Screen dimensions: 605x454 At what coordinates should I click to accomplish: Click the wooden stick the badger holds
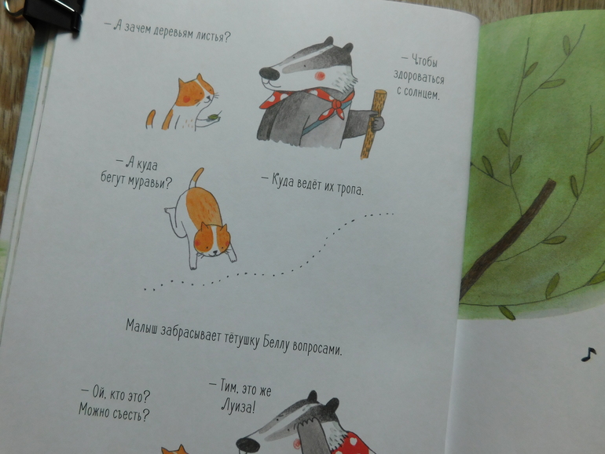tap(372, 124)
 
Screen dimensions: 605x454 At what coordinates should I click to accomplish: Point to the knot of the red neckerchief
tap(337, 104)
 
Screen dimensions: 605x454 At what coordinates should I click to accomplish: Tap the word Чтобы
tap(425, 61)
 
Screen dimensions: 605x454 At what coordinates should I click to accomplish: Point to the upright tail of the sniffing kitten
tap(196, 178)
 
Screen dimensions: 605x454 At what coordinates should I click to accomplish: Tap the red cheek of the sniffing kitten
tap(198, 243)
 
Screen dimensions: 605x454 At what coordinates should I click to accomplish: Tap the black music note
tap(588, 354)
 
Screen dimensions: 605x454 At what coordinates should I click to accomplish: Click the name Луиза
tap(237, 407)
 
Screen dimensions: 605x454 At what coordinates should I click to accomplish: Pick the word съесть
tap(130, 414)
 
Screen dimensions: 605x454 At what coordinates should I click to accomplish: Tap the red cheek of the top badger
tap(319, 75)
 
